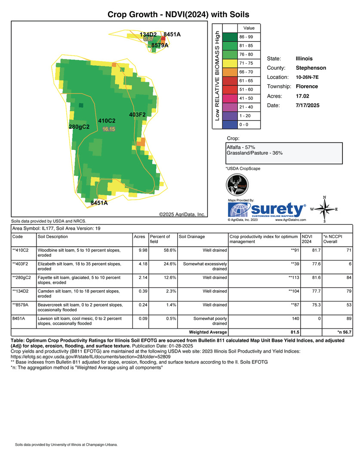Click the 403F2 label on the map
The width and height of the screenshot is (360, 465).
[138, 115]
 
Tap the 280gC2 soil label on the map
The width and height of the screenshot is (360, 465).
[79, 127]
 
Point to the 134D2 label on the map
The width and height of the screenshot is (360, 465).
[148, 34]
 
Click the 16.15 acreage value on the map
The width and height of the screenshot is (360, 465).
[108, 129]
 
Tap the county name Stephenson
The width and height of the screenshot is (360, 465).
[311, 68]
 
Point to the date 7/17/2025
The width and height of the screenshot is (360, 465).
[308, 105]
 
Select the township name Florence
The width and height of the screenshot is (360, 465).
[307, 87]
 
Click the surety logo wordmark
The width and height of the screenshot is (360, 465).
[277, 209]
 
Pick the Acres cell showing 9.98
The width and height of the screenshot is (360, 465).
[140, 250]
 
